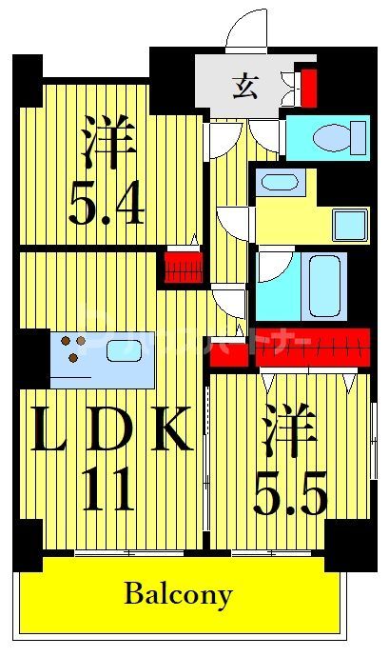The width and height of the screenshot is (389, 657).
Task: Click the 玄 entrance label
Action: tap(243, 87)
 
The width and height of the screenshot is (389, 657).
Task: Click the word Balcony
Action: tap(178, 595)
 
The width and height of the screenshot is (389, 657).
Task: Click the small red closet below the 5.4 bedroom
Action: tap(183, 267)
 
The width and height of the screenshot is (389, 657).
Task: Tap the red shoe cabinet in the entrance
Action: tap(307, 85)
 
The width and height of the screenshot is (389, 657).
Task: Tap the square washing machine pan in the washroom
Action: tap(349, 225)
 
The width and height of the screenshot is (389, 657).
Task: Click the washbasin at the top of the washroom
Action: tap(281, 183)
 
